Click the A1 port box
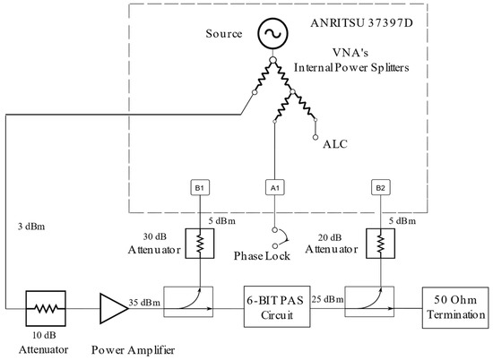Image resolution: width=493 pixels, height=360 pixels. pyautogui.click(x=275, y=188)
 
